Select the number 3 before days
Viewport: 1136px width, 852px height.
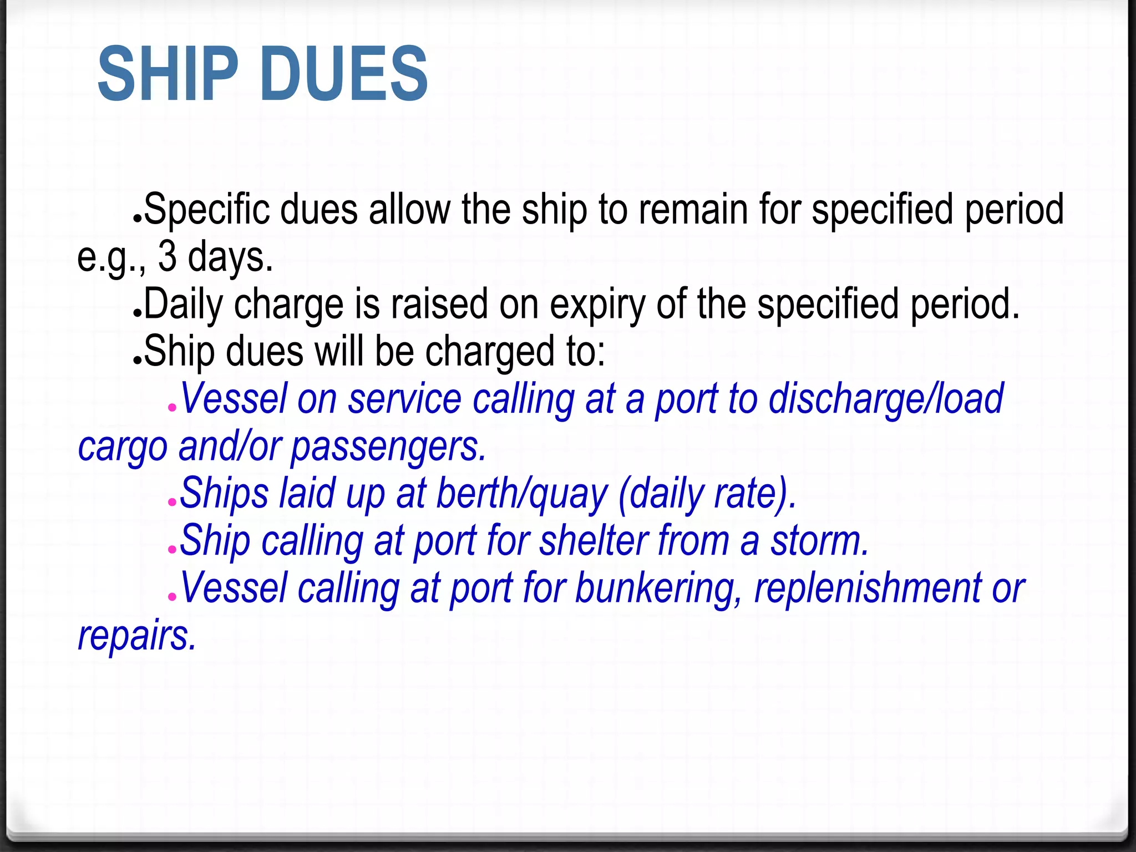(168, 257)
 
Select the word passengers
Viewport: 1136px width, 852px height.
(388, 447)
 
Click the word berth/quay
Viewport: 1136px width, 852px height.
(522, 493)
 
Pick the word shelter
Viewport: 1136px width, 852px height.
(593, 541)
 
